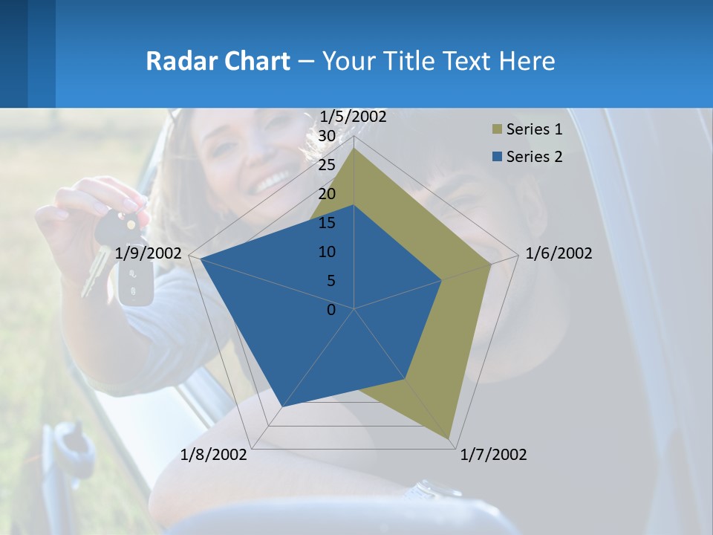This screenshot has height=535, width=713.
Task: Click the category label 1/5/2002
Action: [353, 117]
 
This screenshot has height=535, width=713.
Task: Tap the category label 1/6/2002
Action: [559, 253]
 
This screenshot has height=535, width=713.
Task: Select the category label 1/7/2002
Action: [494, 455]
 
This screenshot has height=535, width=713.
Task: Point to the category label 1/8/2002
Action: [214, 455]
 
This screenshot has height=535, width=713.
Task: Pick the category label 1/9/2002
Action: [149, 253]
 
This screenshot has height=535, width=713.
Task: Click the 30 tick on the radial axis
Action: [327, 136]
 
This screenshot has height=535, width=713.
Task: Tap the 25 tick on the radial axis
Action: [327, 165]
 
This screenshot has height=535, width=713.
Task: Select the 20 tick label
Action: [327, 194]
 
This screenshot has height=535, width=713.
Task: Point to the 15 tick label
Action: [327, 223]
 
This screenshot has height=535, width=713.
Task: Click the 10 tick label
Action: [327, 252]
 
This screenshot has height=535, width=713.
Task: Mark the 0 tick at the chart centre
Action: [331, 310]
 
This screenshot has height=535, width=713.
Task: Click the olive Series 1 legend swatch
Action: [496, 130]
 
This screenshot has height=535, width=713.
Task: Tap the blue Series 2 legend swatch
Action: [496, 157]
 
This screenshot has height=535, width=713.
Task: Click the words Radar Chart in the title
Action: [218, 61]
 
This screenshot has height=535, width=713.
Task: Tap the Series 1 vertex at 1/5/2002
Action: [354, 149]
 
